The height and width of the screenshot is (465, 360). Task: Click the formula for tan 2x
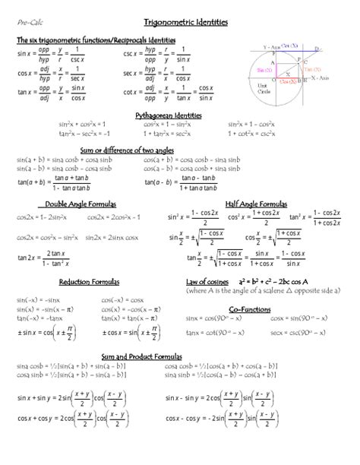(x=46, y=259)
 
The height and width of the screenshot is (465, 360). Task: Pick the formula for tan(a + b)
(x=53, y=182)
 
